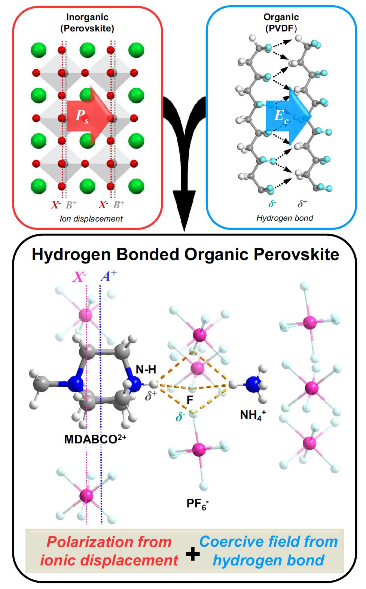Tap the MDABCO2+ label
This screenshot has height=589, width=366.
coord(95,439)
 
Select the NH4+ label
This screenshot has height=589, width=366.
coord(253,415)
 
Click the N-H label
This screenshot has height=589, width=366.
coord(146,370)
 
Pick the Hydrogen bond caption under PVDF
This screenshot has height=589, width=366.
coord(284,218)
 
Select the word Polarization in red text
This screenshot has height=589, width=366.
coord(109,541)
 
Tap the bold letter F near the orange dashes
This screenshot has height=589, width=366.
coord(190,400)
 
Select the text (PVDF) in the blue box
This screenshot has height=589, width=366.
coord(281,28)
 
